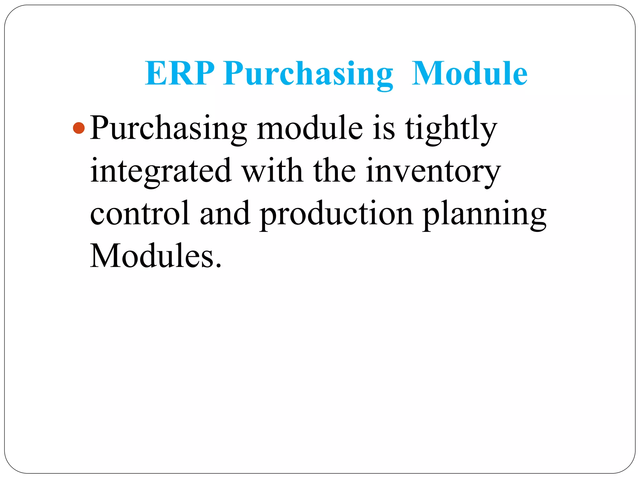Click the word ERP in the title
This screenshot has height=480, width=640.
click(x=179, y=73)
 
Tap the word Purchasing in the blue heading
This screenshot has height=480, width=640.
click(x=308, y=74)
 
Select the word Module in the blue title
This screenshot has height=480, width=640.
click(x=469, y=73)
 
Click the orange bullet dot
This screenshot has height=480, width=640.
click(x=79, y=128)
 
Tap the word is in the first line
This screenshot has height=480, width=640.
click(x=384, y=128)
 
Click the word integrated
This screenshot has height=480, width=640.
click(x=161, y=171)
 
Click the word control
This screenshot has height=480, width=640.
click(x=140, y=213)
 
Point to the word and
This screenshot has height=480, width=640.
click(x=225, y=213)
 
